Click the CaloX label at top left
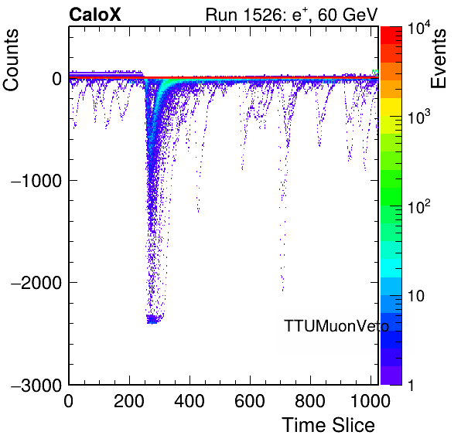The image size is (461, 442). point(95,15)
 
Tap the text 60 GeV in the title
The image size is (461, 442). point(347,15)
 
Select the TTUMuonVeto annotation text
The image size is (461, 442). point(336,326)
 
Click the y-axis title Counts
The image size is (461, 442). point(11,60)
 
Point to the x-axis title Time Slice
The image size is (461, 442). point(329,425)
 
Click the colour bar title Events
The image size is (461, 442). point(438,59)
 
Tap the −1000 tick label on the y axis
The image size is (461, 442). point(36,180)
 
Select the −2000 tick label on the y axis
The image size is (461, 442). point(36,283)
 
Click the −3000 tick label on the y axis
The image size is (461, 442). point(36,385)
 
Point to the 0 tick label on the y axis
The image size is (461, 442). point(56,78)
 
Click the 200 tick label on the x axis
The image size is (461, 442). point(129,401)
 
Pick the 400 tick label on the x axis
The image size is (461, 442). point(190,401)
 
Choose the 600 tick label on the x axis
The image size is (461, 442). point(250,401)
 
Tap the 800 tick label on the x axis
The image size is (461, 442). point(310,401)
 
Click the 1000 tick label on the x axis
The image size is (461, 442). point(371,401)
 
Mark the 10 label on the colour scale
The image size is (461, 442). point(416,296)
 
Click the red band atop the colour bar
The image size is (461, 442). point(391,35)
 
